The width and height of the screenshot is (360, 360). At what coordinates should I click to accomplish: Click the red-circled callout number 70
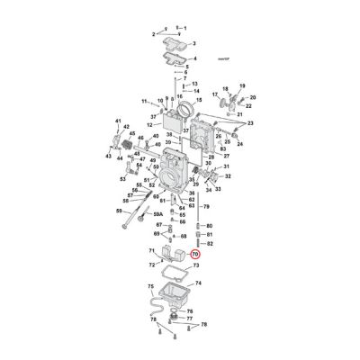[x=196, y=255]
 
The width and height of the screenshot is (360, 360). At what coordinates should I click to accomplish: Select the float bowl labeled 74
[x=176, y=296]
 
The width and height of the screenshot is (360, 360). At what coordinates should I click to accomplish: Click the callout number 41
[x=143, y=100]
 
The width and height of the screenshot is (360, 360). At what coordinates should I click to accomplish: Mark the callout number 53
[x=123, y=178]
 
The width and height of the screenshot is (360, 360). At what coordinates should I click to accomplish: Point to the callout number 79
[x=205, y=206]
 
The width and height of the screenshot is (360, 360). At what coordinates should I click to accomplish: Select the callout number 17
[x=215, y=93]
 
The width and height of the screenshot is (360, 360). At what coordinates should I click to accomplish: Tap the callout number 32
[x=229, y=177]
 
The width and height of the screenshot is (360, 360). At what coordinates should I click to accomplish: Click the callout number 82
[x=209, y=243]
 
